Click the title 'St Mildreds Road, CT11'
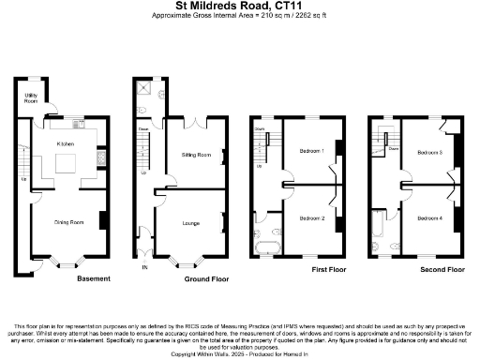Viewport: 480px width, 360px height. tap(240, 7)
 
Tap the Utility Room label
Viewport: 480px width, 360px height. tap(31, 98)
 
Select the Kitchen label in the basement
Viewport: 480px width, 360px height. tap(66, 143)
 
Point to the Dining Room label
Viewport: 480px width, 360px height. tap(69, 222)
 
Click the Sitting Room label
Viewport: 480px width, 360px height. tap(195, 154)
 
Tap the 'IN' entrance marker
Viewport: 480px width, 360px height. tap(144, 267)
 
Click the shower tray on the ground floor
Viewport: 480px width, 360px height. tap(144, 89)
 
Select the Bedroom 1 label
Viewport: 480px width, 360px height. tap(311, 150)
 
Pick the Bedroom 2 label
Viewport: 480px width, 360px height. tap(311, 218)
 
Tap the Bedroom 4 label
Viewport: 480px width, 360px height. tap(429, 218)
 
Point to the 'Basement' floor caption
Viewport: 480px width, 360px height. tap(94, 278)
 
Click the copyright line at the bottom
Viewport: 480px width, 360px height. tap(240, 353)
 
